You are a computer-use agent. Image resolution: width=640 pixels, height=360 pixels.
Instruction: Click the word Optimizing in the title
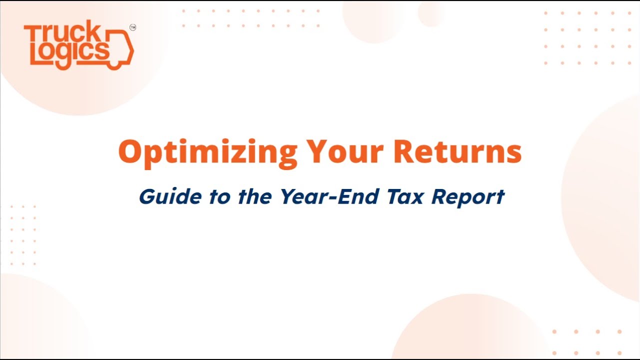click(x=208, y=152)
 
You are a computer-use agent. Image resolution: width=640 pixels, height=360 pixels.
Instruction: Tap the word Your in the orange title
click(x=346, y=152)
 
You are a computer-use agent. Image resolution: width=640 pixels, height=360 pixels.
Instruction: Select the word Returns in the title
click(x=457, y=152)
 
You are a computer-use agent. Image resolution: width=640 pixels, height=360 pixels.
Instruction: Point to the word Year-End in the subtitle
click(x=328, y=196)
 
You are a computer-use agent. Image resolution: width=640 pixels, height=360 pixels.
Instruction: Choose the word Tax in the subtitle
click(x=404, y=196)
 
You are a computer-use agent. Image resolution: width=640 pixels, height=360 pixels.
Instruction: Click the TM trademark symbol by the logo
click(x=132, y=28)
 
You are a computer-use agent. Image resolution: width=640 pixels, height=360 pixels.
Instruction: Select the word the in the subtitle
click(x=254, y=196)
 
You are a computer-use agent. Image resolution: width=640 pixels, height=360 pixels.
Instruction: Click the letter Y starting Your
click(x=317, y=152)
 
